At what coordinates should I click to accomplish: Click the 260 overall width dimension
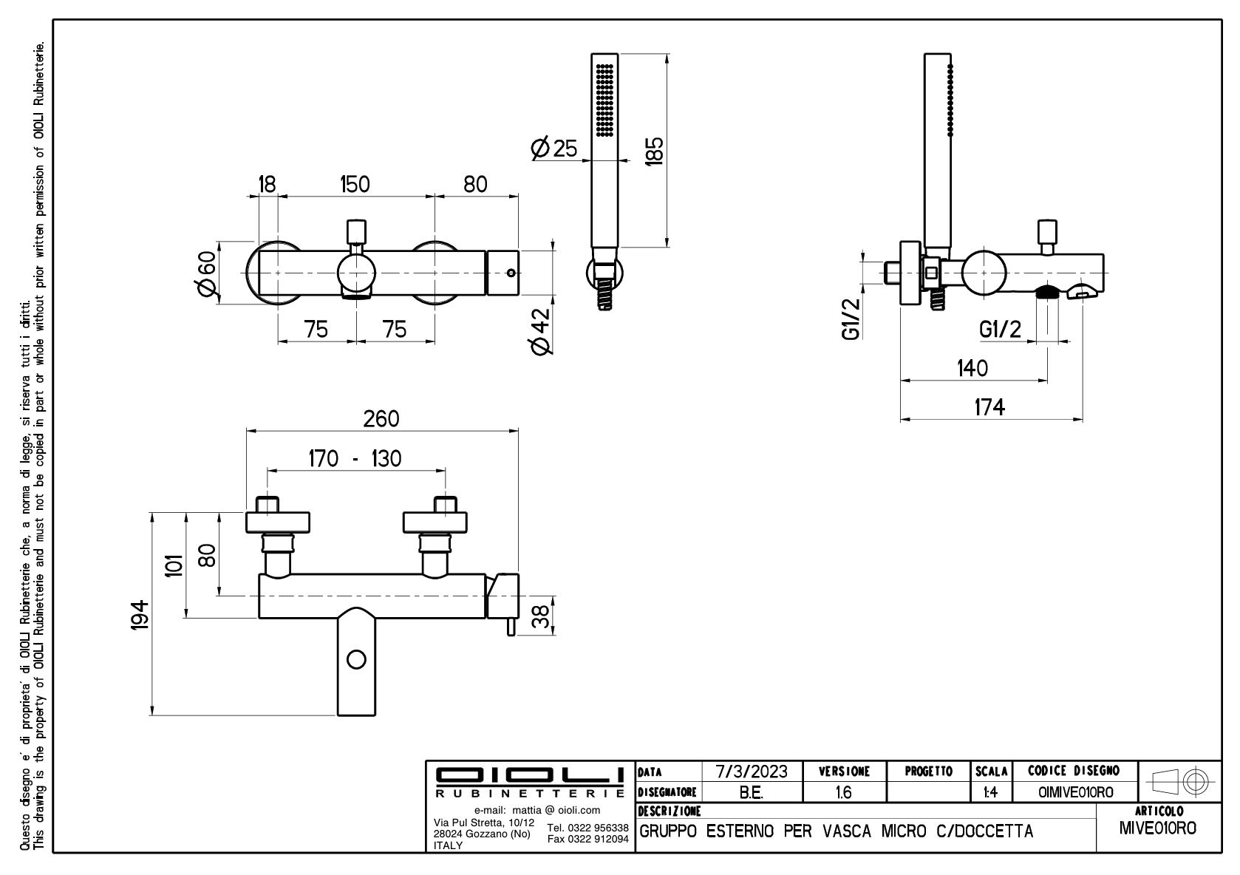(x=381, y=419)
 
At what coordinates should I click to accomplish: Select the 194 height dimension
(x=140, y=615)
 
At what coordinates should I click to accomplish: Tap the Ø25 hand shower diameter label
(x=554, y=149)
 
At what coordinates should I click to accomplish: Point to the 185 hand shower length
(x=654, y=151)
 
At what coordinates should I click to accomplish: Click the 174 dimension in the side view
(x=989, y=407)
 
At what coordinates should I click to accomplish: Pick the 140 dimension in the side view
(x=972, y=368)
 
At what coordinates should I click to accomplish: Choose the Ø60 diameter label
(x=206, y=272)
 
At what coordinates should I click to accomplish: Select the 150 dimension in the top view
(x=355, y=184)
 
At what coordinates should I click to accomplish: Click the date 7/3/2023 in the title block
(x=752, y=772)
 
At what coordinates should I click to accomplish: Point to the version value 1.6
(x=842, y=792)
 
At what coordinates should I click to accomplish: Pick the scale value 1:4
(x=990, y=792)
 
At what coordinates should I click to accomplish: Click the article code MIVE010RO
(x=1157, y=828)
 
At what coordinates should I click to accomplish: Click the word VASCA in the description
(x=848, y=831)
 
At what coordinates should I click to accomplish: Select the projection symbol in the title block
(x=1179, y=780)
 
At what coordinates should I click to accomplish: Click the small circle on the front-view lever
(x=357, y=659)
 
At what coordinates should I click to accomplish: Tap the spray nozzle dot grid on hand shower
(x=605, y=99)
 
